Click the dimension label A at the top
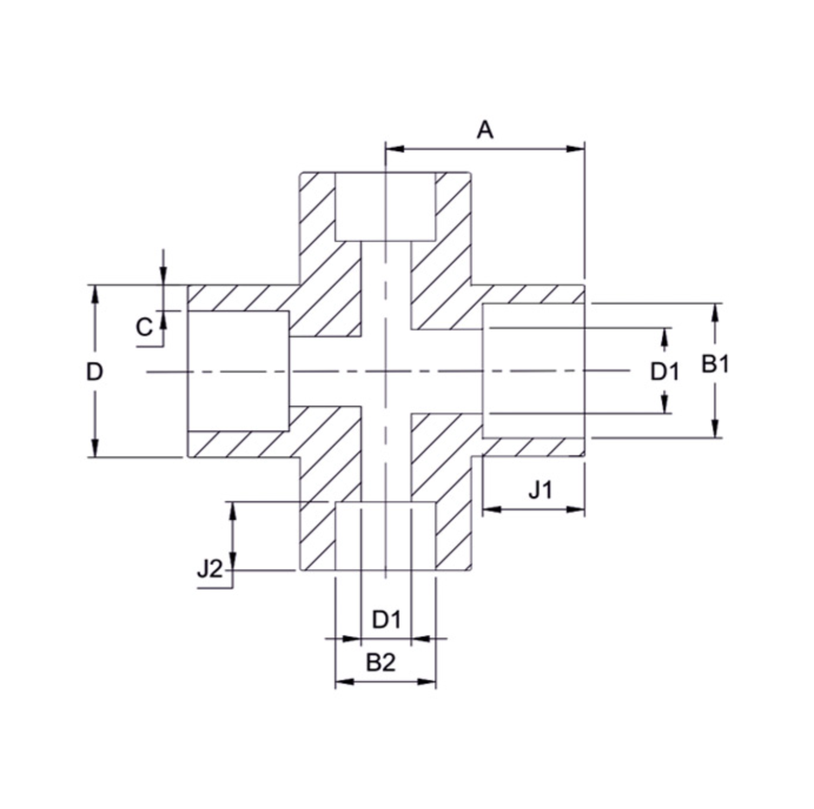pyautogui.click(x=484, y=130)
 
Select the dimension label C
pyautogui.click(x=144, y=327)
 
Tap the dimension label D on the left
pyautogui.click(x=94, y=372)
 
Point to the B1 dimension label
pyautogui.click(x=715, y=364)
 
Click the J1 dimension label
pyautogui.click(x=540, y=489)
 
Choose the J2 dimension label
pyautogui.click(x=210, y=569)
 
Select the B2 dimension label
pyautogui.click(x=380, y=663)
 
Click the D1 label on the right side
pyautogui.click(x=664, y=372)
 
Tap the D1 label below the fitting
pyautogui.click(x=386, y=619)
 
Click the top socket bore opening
pyautogui.click(x=385, y=206)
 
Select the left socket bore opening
pyautogui.click(x=238, y=371)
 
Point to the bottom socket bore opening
pyautogui.click(x=385, y=536)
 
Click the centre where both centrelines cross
pyautogui.click(x=385, y=371)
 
